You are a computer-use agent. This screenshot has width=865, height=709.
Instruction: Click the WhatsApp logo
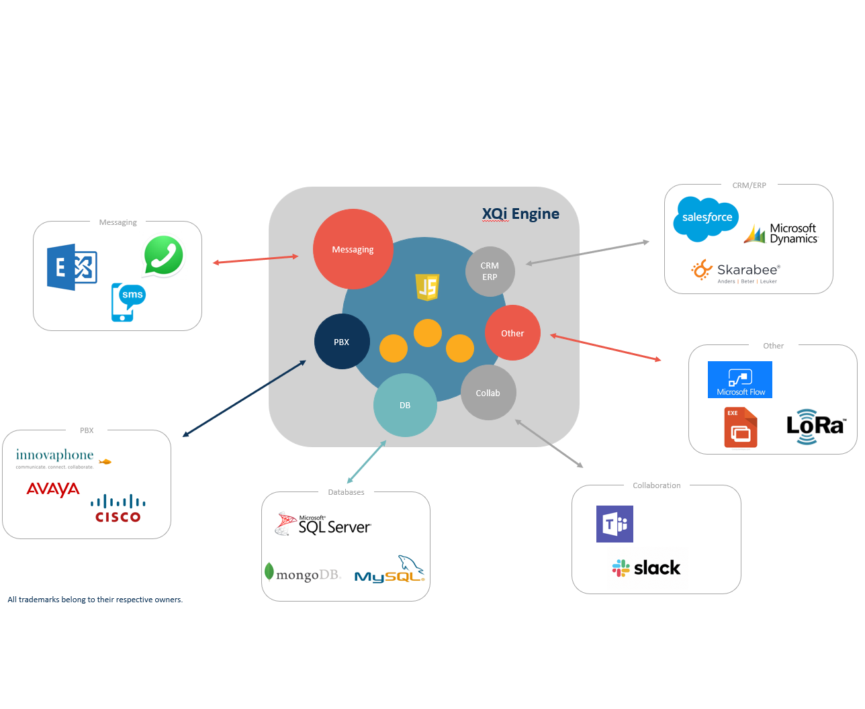(x=164, y=255)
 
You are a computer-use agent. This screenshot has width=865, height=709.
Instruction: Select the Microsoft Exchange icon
(x=72, y=267)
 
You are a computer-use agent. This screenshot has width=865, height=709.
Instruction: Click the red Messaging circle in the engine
(x=353, y=249)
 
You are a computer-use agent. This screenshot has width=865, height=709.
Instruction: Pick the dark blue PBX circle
(x=342, y=342)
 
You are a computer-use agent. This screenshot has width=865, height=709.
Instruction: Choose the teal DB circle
(x=405, y=405)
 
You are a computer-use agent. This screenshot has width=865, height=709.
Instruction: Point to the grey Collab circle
(x=488, y=393)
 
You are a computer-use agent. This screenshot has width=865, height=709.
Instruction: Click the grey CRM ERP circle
(x=490, y=271)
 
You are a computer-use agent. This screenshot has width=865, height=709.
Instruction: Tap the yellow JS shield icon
(x=428, y=287)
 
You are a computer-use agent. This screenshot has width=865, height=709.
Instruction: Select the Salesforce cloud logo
(x=707, y=218)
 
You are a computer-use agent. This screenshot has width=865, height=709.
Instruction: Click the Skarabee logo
(x=736, y=271)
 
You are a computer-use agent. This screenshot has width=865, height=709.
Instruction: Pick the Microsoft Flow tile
(x=740, y=380)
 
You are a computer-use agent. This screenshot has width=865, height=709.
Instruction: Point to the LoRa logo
(x=815, y=426)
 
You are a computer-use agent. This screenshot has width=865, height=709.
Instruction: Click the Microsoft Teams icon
(x=614, y=524)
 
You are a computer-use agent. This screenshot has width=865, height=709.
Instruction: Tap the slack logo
(x=646, y=568)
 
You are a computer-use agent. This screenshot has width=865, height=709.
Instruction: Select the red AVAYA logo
(x=53, y=489)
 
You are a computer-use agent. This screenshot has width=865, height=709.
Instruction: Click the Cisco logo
(x=118, y=509)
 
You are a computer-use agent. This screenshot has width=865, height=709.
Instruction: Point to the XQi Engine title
(x=520, y=214)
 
